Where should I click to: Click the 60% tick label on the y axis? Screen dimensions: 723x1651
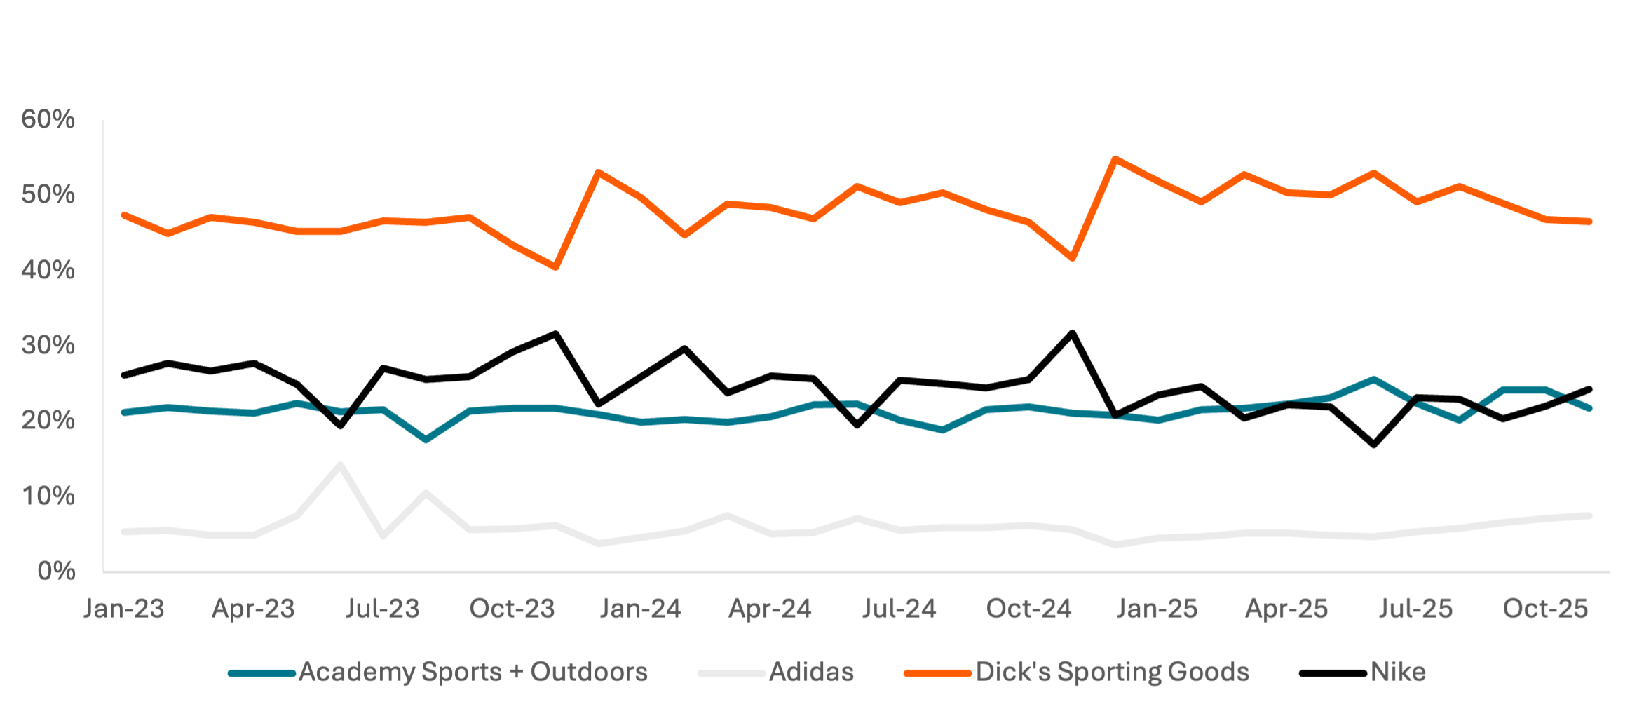[x=48, y=120]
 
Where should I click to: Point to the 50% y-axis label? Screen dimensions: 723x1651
[x=48, y=195]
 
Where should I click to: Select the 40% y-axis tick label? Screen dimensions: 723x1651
[x=48, y=270]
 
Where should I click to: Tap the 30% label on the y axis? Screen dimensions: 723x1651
[x=48, y=345]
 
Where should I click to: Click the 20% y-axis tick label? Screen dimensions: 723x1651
[x=48, y=421]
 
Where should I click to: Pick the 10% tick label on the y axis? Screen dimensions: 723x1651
[x=48, y=496]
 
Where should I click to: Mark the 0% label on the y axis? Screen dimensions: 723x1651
[x=56, y=571]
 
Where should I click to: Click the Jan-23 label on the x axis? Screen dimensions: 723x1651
[x=124, y=609]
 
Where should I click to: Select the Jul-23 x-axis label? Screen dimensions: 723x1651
[x=383, y=609]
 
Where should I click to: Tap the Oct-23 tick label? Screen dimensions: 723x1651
[x=512, y=609]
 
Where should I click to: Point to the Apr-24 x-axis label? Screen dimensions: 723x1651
[x=770, y=609]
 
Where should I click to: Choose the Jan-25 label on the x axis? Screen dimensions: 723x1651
[x=1157, y=609]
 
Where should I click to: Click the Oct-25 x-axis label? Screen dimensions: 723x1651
[x=1545, y=609]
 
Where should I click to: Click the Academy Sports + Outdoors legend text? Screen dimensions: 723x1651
[x=473, y=672]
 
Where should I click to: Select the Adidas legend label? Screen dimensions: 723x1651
[x=811, y=672]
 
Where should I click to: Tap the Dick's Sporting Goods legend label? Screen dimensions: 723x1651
[x=1113, y=672]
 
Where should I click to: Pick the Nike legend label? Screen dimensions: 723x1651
[x=1398, y=672]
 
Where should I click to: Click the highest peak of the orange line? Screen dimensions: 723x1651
[x=1115, y=158]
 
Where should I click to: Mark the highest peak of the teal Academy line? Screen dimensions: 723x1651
[x=1373, y=379]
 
